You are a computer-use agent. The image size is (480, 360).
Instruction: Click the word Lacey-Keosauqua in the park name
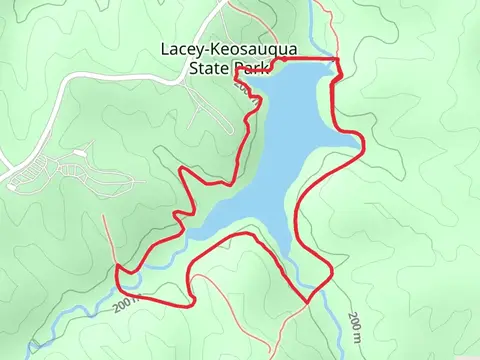point(235,49)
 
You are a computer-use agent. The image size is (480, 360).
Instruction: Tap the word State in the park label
point(208,69)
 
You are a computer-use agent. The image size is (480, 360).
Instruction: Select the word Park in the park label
point(252,69)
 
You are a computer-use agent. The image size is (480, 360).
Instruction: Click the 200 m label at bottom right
point(356,325)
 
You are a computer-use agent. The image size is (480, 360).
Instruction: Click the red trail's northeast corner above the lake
point(338,61)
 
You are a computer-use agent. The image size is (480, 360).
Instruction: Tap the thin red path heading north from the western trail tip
point(108,235)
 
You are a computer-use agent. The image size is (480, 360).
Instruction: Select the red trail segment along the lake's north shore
point(300,61)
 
